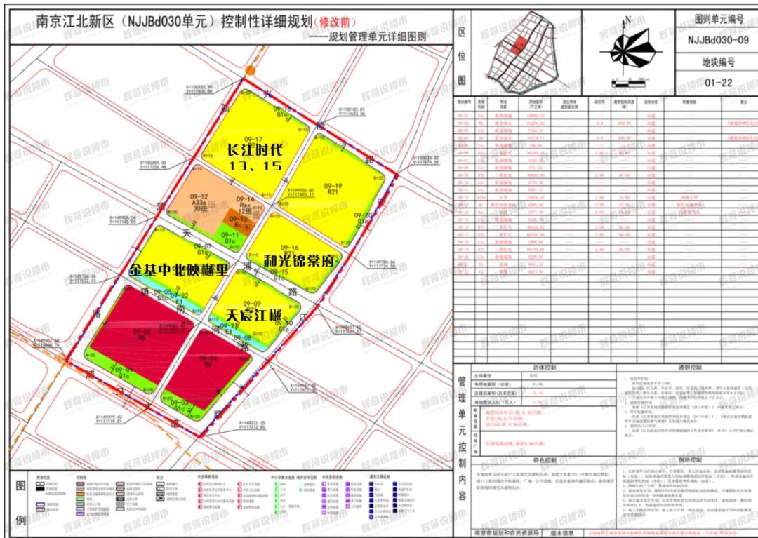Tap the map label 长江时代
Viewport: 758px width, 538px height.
pyautogui.click(x=253, y=151)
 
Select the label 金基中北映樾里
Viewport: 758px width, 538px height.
pyautogui.click(x=179, y=269)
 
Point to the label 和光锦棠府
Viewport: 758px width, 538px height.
pyautogui.click(x=300, y=260)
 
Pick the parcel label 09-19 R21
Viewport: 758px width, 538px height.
pyautogui.click(x=332, y=188)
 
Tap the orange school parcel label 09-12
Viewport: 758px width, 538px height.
pyautogui.click(x=199, y=201)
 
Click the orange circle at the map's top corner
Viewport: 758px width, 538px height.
pyautogui.click(x=251, y=71)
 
